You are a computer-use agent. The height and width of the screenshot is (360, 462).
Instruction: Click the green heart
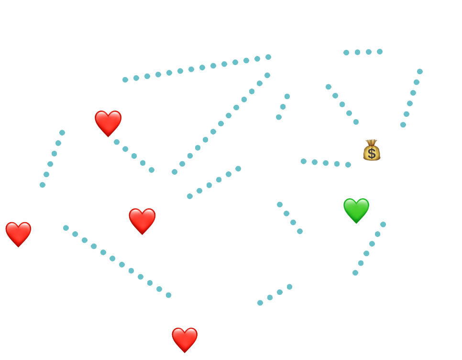[x=356, y=210]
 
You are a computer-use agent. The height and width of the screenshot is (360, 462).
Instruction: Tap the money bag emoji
[x=371, y=150]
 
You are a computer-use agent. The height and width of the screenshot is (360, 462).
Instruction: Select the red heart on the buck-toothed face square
[x=108, y=123]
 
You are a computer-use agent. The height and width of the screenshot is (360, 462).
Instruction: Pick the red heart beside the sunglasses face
[x=18, y=234]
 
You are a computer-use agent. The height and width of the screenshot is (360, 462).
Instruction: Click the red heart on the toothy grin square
[x=142, y=220]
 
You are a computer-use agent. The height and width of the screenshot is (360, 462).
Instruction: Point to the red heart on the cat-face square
[x=185, y=339]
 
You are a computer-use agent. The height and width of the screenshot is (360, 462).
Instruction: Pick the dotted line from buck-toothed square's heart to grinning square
[x=134, y=155]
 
